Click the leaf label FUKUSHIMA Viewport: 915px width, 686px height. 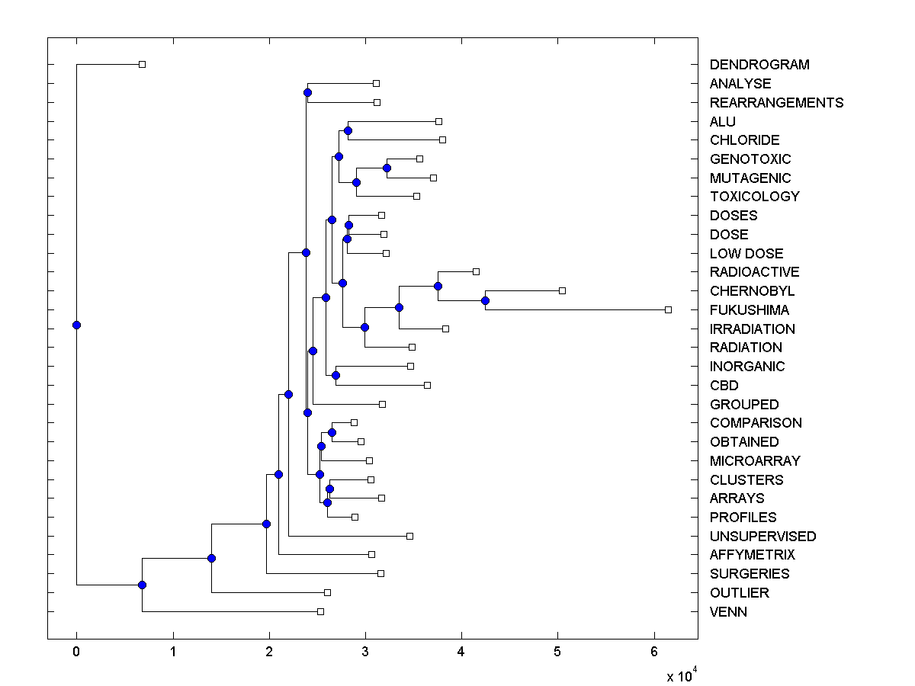(749, 310)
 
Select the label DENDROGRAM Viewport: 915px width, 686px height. (759, 65)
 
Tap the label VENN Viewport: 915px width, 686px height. (728, 612)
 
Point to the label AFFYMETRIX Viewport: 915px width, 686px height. (752, 555)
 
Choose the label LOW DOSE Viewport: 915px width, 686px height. (746, 254)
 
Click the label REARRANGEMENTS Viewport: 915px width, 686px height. (776, 103)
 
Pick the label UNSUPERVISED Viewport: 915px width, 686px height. (762, 537)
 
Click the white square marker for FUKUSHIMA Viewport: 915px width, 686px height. (668, 309)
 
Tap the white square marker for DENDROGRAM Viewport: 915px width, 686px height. (142, 64)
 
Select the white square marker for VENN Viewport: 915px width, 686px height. (320, 611)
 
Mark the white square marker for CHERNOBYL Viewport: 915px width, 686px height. (562, 290)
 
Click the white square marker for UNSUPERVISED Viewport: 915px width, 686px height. (409, 536)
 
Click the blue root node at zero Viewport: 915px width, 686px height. (76, 325)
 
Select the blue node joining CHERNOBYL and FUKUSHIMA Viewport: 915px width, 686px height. (485, 300)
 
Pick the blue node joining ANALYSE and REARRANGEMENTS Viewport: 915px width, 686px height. (307, 92)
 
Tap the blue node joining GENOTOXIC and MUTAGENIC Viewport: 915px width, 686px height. (387, 168)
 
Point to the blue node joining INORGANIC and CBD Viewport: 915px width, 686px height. (335, 375)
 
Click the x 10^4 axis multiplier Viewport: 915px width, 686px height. (681, 675)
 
